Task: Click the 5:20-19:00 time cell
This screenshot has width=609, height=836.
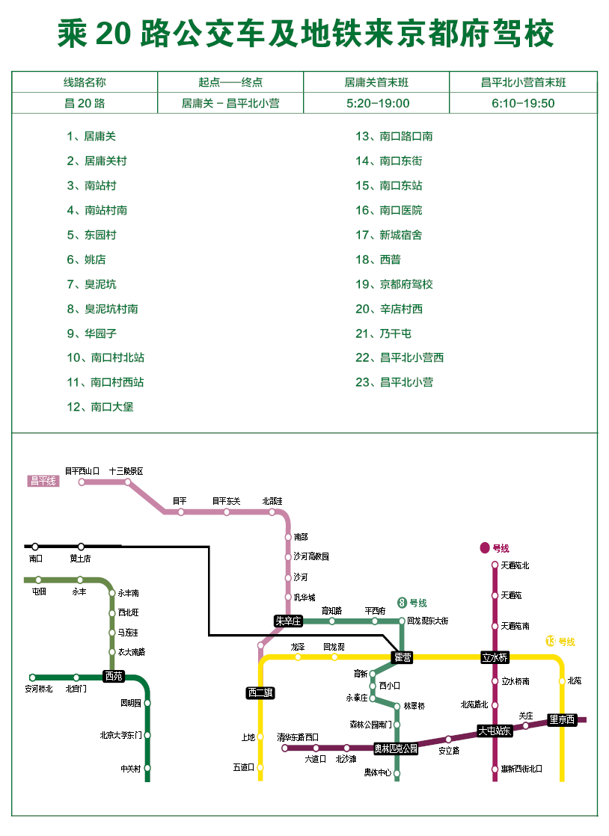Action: (x=378, y=103)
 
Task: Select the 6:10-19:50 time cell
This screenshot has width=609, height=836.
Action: (x=523, y=103)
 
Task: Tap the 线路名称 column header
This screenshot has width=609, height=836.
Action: (x=85, y=82)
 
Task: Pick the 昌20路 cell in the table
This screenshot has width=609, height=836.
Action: (x=85, y=103)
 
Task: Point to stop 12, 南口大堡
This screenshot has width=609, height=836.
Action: (x=100, y=407)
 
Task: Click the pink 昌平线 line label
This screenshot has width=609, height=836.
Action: (x=43, y=481)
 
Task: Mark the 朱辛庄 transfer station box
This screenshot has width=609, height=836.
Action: (x=288, y=621)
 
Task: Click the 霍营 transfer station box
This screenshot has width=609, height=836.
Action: (x=403, y=657)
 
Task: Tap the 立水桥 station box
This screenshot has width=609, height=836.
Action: (x=495, y=657)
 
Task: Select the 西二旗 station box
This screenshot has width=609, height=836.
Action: (x=260, y=692)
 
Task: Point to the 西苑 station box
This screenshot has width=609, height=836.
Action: (x=114, y=676)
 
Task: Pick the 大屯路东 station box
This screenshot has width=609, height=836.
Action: (x=495, y=731)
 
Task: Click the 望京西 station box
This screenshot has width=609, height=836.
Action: (x=562, y=720)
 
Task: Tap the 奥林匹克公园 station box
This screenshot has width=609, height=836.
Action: (x=396, y=748)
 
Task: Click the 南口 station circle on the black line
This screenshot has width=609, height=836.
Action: (x=35, y=547)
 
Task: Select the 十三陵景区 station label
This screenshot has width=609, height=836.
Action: (x=126, y=472)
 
